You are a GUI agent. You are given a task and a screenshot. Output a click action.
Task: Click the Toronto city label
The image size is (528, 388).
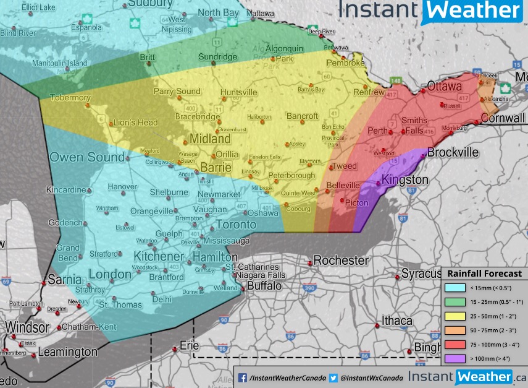point(235,224)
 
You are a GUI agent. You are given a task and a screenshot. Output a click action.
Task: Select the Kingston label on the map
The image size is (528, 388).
point(404,180)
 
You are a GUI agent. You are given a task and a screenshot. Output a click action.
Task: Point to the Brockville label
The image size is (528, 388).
point(453,152)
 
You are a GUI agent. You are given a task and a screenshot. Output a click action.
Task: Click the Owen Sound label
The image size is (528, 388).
point(87,157)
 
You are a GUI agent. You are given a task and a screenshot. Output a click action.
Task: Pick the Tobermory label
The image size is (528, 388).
point(70,98)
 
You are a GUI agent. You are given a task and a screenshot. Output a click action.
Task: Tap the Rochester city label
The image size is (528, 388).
point(342,261)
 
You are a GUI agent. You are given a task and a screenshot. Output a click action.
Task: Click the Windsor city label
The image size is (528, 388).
point(27,327)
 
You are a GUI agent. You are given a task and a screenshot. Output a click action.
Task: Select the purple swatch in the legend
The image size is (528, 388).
point(455,358)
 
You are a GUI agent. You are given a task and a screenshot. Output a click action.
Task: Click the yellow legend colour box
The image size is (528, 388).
point(455,316)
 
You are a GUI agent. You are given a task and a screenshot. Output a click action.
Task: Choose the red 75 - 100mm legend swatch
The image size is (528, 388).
point(455,344)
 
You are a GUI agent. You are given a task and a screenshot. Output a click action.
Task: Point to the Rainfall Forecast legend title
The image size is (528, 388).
point(484,274)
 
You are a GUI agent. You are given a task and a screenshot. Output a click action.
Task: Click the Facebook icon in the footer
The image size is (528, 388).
point(243,377)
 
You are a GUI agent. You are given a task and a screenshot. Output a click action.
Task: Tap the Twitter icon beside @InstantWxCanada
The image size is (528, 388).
point(333,377)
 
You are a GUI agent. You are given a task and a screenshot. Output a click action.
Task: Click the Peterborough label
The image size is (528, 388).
point(291,176)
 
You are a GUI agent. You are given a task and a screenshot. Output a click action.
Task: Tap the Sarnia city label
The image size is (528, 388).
point(64,280)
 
